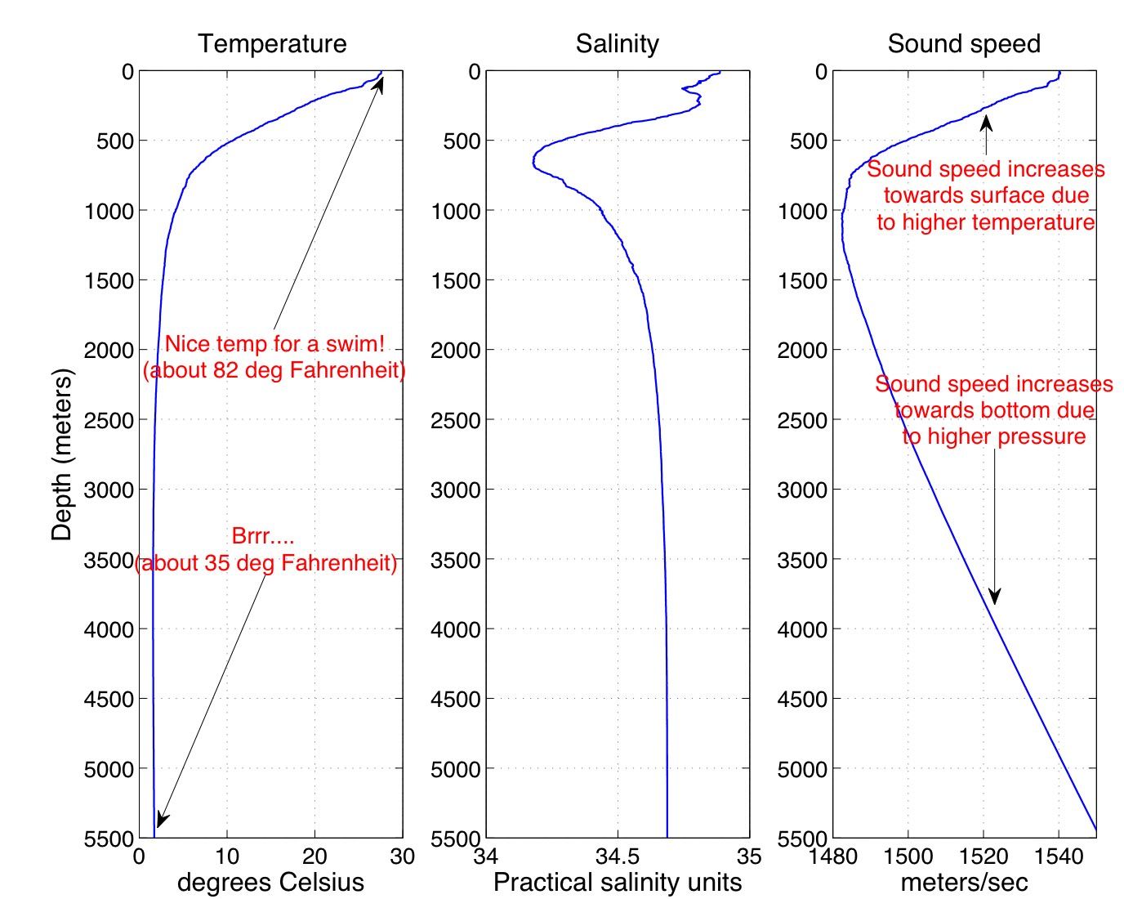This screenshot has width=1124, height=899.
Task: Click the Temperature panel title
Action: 272,44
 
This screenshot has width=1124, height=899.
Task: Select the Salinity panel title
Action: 617,44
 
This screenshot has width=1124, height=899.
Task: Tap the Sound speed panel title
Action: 964,44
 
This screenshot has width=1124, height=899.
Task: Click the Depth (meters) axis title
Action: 62,454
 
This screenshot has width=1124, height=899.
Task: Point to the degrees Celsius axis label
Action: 270,883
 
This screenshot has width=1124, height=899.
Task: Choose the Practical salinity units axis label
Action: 618,883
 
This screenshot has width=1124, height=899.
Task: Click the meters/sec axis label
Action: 964,883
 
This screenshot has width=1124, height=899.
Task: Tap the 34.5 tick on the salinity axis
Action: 618,857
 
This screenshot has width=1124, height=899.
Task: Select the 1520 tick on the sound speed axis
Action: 983,857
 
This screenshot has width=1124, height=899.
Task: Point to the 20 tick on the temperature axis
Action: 314,857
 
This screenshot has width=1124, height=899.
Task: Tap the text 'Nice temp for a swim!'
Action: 274,344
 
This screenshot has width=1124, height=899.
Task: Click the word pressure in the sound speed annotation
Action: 1043,436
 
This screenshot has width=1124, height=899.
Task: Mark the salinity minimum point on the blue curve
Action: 533,162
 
